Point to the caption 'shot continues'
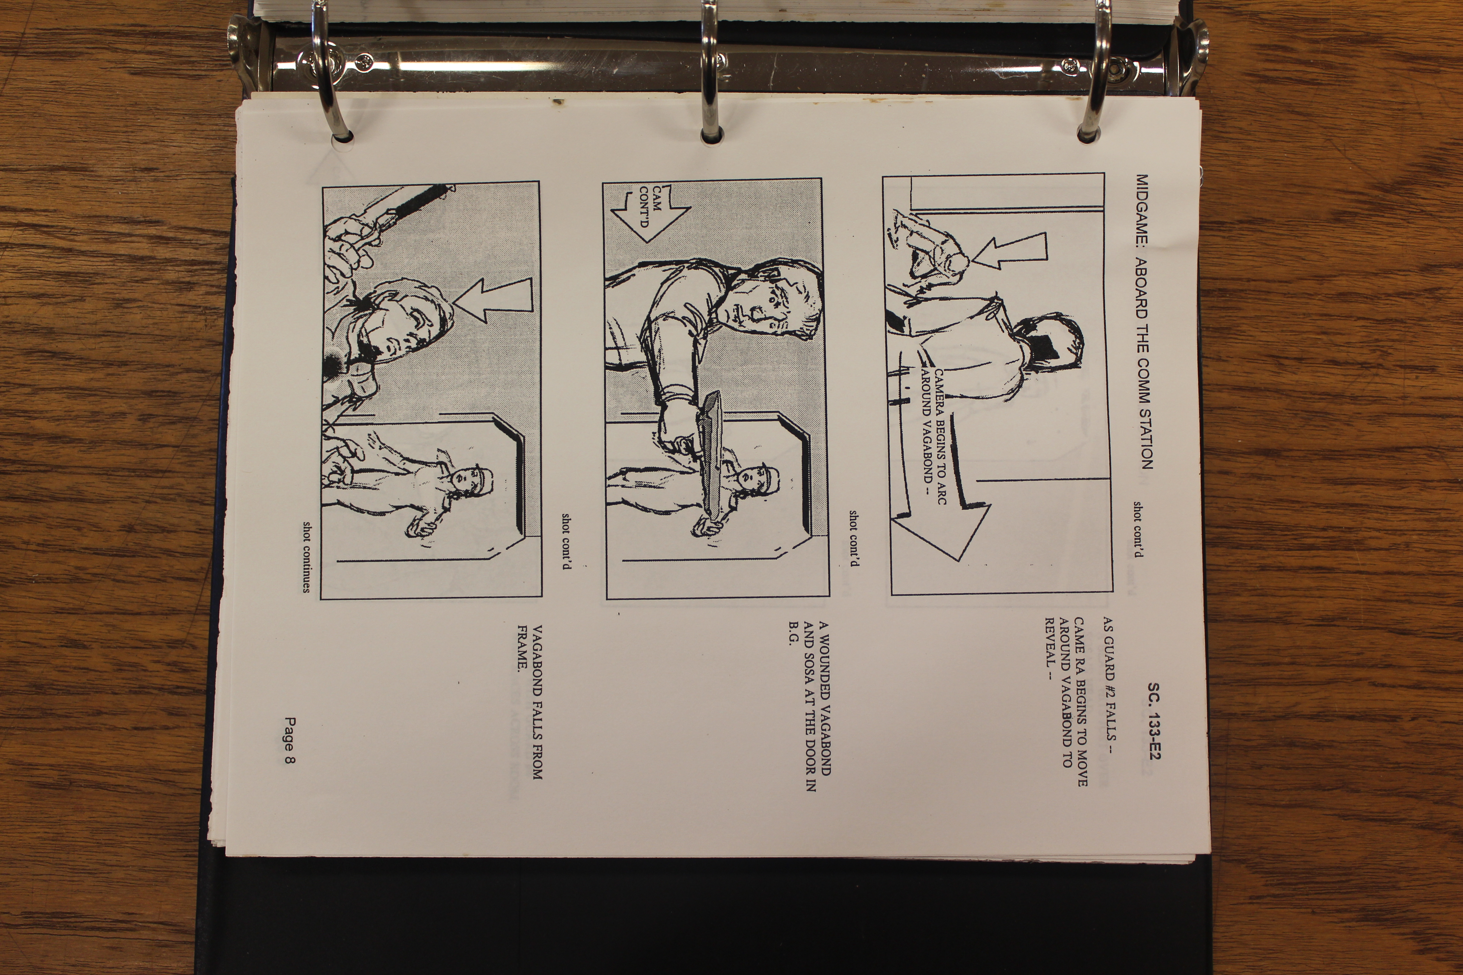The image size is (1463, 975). pos(306,557)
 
